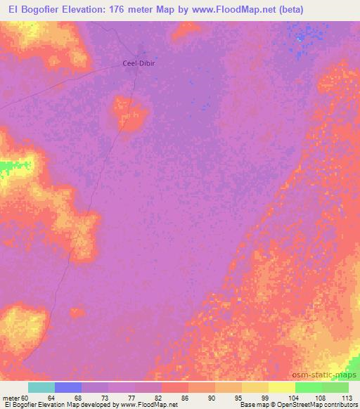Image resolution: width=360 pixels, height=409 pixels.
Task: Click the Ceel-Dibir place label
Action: tap(139, 63)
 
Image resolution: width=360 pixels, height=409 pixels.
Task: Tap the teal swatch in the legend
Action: tap(41, 387)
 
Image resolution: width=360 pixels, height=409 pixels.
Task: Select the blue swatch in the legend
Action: tap(68, 387)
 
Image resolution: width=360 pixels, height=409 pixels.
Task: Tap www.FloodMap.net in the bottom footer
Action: tap(149, 405)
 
